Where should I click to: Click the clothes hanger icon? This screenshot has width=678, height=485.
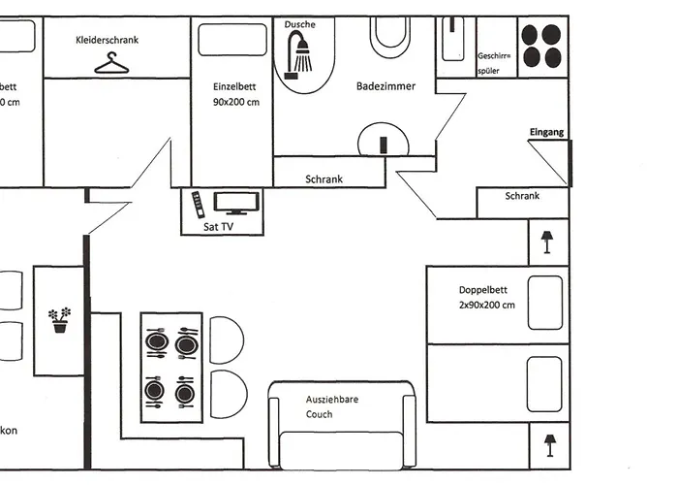[112, 63]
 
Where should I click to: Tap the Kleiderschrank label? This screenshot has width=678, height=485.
[108, 40]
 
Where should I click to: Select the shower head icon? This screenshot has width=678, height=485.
[302, 51]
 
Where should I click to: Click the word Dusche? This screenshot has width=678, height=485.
[300, 24]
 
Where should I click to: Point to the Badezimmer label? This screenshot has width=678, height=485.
[385, 86]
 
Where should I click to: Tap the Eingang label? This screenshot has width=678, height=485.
[546, 132]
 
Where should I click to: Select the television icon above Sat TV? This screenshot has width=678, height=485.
[236, 203]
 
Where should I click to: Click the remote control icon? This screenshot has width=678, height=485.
[198, 204]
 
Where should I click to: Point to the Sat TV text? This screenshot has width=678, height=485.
[218, 227]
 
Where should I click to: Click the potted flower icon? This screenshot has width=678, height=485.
[60, 320]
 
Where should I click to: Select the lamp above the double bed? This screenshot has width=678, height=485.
[547, 241]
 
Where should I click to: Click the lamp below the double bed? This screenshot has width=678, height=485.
[548, 444]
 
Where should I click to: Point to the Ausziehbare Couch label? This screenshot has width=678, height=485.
[321, 406]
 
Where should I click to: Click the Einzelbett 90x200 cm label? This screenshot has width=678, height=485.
[236, 94]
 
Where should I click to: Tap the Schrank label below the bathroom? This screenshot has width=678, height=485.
[324, 179]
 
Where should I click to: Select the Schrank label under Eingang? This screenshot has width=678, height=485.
[522, 196]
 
